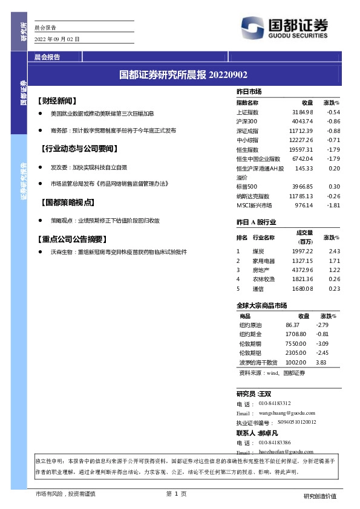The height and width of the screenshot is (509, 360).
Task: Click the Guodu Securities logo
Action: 284,27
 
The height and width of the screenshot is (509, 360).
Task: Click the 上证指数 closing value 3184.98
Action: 303,112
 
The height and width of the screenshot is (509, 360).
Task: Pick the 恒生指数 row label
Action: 247,149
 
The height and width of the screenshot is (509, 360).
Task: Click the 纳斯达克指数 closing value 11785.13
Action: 301,196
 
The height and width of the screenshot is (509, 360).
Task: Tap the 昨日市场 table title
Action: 249,91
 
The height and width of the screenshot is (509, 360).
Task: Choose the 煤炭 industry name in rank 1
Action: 258,251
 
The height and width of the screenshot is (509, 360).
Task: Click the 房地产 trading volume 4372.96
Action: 302,270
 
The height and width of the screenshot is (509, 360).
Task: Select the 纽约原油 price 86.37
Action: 292,325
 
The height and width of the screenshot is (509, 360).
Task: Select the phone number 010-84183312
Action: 275,403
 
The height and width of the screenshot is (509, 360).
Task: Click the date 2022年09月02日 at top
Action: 57,39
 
